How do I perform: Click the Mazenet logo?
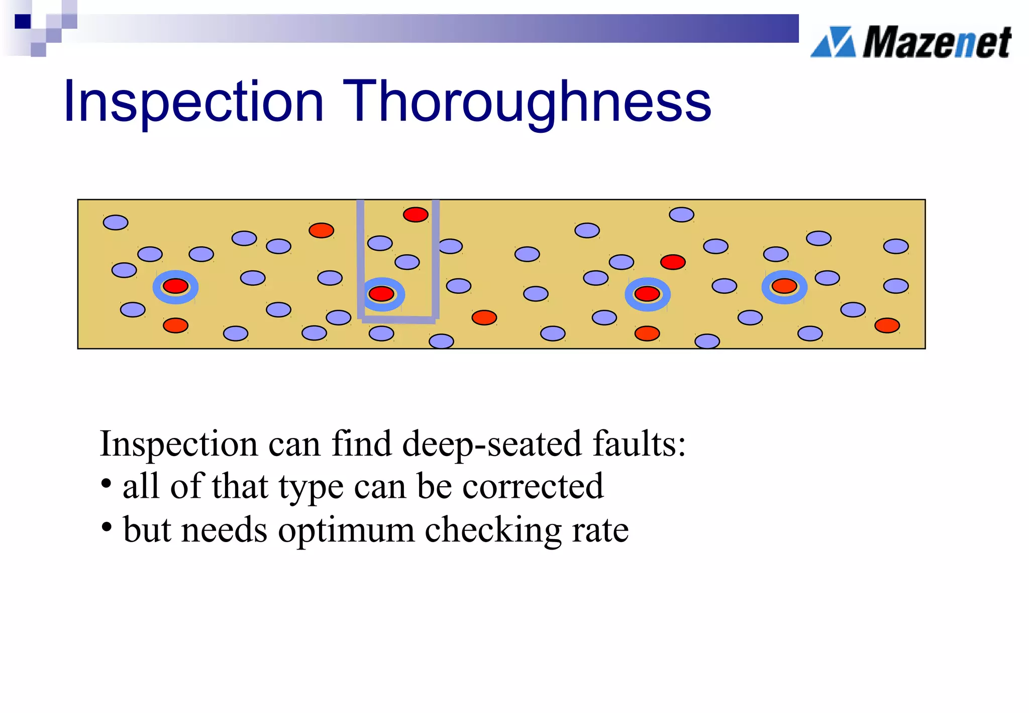[911, 42]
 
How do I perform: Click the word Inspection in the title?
[193, 102]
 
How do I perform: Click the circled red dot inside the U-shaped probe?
[381, 294]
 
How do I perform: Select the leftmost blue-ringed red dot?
[175, 286]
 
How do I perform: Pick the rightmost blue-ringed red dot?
[784, 286]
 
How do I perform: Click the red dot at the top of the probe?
[416, 215]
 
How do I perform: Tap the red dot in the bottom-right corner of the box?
[887, 325]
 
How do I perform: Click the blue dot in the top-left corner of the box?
[116, 222]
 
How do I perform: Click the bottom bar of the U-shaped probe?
[398, 319]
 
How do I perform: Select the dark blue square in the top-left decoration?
[23, 22]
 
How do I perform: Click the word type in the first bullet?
[311, 487]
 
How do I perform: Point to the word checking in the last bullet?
[493, 530]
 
